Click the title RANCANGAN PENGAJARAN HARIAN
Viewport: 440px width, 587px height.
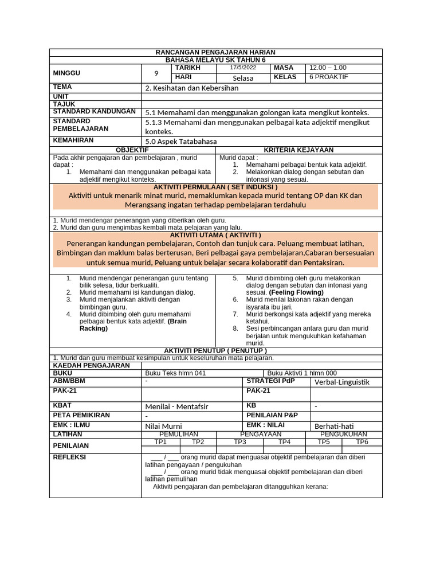[215, 53]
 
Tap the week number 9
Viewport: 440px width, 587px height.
[156, 73]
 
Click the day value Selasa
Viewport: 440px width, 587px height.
[243, 78]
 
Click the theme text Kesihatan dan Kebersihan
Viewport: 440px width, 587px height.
[192, 88]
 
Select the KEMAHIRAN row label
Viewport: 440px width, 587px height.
[73, 140]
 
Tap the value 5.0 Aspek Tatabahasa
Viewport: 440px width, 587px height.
[181, 142]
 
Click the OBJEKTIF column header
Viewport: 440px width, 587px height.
[132, 150]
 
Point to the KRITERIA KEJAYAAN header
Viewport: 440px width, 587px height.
[298, 150]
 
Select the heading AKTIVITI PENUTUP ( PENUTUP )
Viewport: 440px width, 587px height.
[215, 351]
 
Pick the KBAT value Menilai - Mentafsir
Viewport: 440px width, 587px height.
[177, 406]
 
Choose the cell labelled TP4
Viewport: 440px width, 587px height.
[284, 442]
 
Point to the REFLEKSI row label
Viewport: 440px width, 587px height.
[69, 457]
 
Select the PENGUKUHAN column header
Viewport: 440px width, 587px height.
[344, 435]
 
